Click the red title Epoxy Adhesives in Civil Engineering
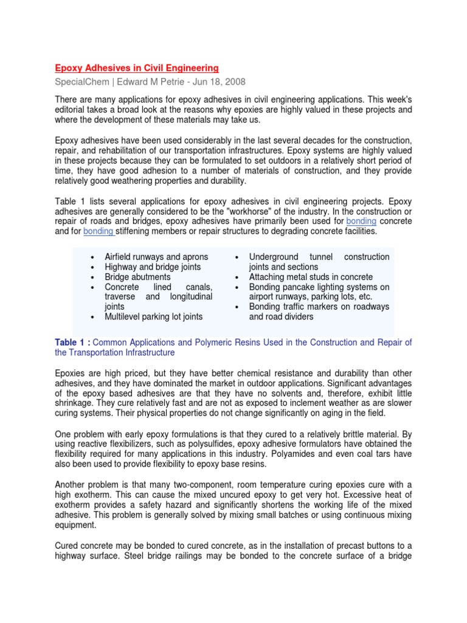pos(137,68)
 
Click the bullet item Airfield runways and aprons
pos(156,257)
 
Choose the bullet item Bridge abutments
pos(137,277)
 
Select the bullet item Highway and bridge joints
pos(153,266)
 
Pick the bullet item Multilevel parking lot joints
pos(154,316)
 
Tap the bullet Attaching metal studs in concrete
pos(311,277)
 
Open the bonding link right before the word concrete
pos(361,221)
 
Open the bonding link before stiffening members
pos(99,231)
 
